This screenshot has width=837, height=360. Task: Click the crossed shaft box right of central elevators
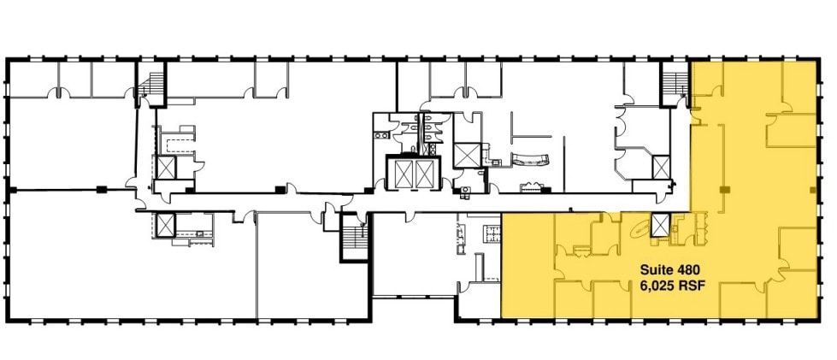[467, 155]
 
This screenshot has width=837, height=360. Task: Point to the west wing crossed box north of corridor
[164, 166]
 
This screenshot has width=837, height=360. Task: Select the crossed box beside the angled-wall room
[660, 166]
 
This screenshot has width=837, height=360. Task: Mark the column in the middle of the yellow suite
[724, 188]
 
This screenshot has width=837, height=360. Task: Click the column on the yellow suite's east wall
[810, 188]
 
